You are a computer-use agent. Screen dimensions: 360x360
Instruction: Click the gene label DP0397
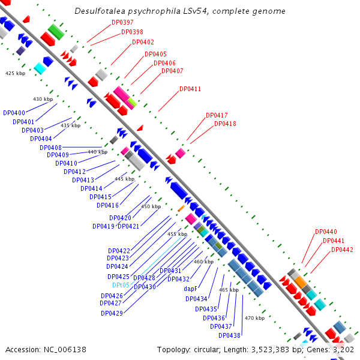coord(123,22)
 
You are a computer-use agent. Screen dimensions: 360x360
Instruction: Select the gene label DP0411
coord(190,89)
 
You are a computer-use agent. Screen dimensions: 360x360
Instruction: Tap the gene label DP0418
coord(225,124)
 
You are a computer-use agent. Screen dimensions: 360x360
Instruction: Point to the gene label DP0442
coord(342,250)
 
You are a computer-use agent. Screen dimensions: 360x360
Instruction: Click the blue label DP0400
coord(14,113)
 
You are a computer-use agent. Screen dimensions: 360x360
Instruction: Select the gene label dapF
coord(191,288)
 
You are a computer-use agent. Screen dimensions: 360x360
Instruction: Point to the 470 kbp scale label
coord(255,318)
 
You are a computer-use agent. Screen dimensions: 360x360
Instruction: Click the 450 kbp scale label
coord(151,206)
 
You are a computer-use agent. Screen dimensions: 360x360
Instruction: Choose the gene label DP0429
coord(112,313)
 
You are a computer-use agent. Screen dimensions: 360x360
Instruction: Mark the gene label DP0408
coord(50,147)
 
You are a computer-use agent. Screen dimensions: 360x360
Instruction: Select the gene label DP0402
coord(143,42)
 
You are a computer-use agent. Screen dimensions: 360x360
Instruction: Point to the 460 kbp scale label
coord(203,262)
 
